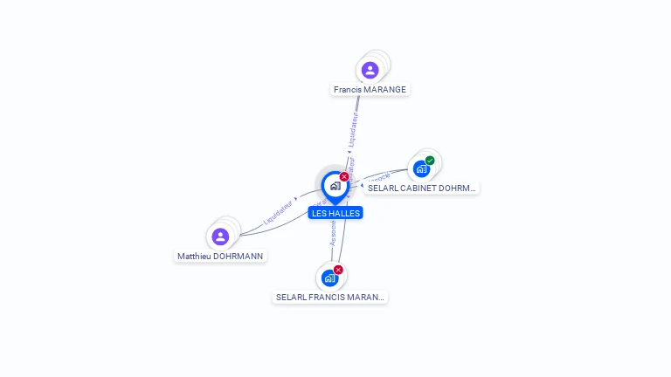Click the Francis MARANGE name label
click(370, 89)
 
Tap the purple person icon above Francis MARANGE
click(370, 70)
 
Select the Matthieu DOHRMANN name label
click(220, 256)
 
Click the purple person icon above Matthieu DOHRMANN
click(220, 236)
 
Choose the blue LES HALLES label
click(335, 213)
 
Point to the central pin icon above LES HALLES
click(335, 186)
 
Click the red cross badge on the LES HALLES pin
click(344, 177)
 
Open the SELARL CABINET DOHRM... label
click(422, 188)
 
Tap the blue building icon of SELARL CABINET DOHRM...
click(421, 168)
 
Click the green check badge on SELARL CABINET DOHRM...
click(430, 161)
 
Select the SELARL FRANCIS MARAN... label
click(330, 297)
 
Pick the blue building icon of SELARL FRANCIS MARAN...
click(329, 278)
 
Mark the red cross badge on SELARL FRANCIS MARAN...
click(338, 270)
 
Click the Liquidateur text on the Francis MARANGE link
click(352, 127)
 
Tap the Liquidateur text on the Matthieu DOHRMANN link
click(277, 212)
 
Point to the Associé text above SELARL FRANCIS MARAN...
click(333, 232)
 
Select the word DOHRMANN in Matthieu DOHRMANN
click(239, 256)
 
